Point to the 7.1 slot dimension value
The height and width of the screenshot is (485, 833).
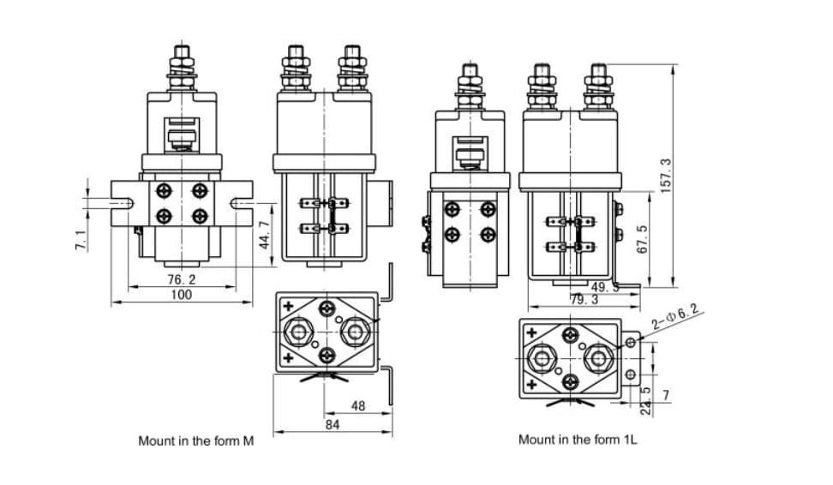coord(80,240)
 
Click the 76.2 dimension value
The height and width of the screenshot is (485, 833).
coord(181,279)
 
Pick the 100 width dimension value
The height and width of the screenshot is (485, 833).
coord(181,294)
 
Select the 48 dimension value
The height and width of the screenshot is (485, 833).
coord(358,405)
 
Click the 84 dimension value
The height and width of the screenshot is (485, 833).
coord(333,424)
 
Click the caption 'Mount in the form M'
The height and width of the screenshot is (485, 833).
coord(196,441)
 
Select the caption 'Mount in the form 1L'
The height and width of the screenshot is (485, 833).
coord(578,440)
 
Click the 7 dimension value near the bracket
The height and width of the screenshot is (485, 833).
coord(666,394)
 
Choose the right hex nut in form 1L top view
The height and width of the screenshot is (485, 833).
coord(598,356)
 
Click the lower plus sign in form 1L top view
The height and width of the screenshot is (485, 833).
coord(532,384)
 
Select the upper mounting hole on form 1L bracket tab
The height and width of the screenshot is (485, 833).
coord(631,342)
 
